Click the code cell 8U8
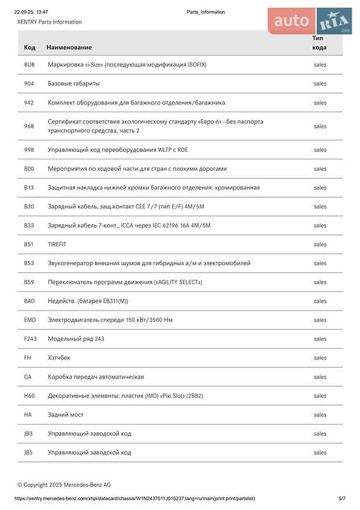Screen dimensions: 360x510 [x=29, y=64]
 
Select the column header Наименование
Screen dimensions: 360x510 [x=69, y=47]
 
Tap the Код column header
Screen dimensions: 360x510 [x=30, y=47]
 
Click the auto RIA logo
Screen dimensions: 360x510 [x=310, y=22]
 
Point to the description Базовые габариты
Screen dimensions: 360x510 [x=73, y=84]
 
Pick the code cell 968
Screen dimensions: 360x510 [x=29, y=126]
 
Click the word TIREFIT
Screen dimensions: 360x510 [x=57, y=244]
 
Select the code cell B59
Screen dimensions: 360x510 [x=29, y=282]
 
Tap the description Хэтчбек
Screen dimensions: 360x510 [x=59, y=358]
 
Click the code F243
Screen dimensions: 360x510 [x=31, y=339]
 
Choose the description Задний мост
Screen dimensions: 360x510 [x=66, y=414]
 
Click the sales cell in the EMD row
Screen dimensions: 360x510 [x=320, y=320]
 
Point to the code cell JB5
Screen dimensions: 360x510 [x=29, y=453]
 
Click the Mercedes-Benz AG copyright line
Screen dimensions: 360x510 [x=64, y=484]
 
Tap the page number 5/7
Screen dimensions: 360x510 [x=342, y=498]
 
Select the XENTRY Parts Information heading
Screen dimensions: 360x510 [x=49, y=22]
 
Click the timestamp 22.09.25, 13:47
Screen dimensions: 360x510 [x=31, y=12]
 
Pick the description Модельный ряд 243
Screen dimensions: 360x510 [x=76, y=339]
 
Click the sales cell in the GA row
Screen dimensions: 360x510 [x=320, y=377]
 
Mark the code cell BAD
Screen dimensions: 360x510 [x=29, y=301]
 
